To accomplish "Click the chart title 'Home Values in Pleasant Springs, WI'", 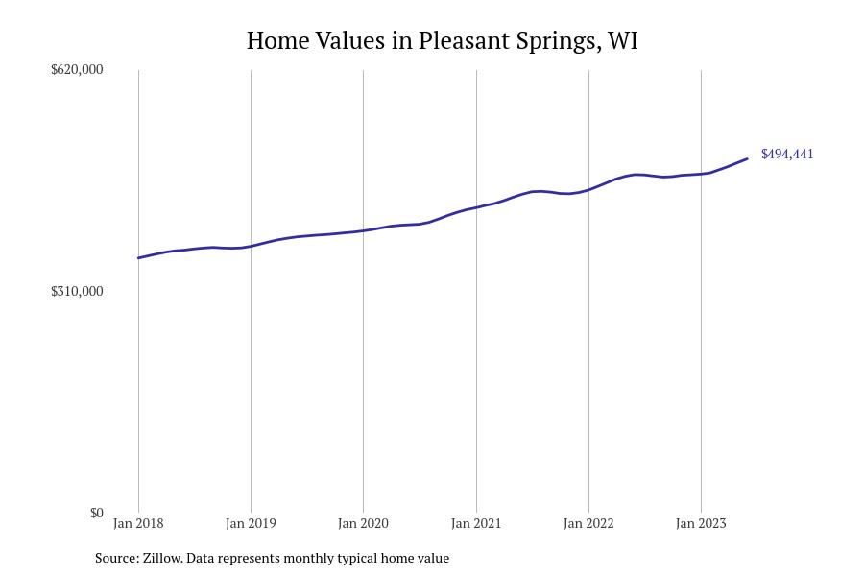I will tap(442, 40).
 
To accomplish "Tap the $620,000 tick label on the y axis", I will tap(77, 69).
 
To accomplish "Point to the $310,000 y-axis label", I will tap(77, 291).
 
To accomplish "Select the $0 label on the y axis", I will tap(96, 513).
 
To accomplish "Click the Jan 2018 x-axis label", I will tap(138, 524).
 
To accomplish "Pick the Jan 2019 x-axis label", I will tap(251, 524).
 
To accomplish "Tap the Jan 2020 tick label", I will tap(363, 524).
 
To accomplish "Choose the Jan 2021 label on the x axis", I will tap(476, 524).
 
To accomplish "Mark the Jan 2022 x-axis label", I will tap(588, 524).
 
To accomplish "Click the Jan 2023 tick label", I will tap(701, 524).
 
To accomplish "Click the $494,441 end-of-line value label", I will tap(787, 154).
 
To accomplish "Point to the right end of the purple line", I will tap(747, 159).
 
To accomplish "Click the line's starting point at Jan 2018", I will tap(139, 257).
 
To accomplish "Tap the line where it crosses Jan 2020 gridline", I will tap(363, 230).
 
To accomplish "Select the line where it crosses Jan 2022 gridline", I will tap(588, 189).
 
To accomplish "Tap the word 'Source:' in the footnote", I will tap(116, 558).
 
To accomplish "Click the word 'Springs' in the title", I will tap(557, 41).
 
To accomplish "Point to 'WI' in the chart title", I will tap(623, 40).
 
